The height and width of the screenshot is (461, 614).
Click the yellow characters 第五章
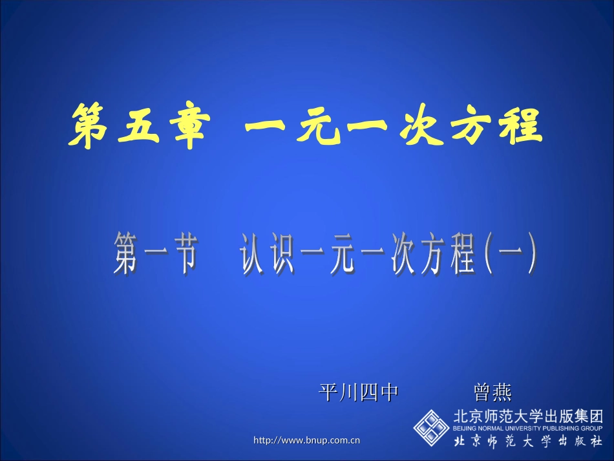point(136,127)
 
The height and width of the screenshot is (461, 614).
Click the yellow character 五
point(135,127)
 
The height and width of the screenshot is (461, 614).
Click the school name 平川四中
point(358,392)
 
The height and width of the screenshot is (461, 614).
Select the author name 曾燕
point(492,392)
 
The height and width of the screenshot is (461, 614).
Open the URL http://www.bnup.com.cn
point(307,441)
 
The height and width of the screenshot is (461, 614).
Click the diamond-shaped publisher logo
point(431,427)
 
